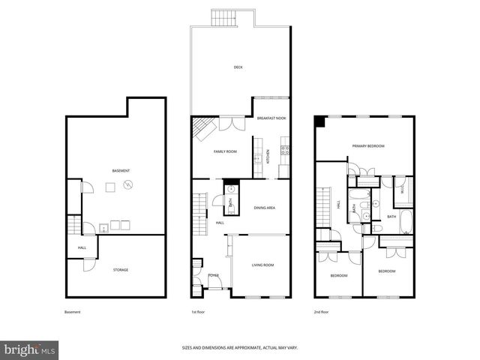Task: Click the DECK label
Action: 238,67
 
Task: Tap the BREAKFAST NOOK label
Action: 271,118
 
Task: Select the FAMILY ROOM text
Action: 225,151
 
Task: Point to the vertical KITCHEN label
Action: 268,157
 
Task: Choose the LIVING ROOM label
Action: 262,265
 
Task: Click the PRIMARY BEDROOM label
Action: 368,145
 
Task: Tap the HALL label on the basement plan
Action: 82,248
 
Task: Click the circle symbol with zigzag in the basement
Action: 128,184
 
